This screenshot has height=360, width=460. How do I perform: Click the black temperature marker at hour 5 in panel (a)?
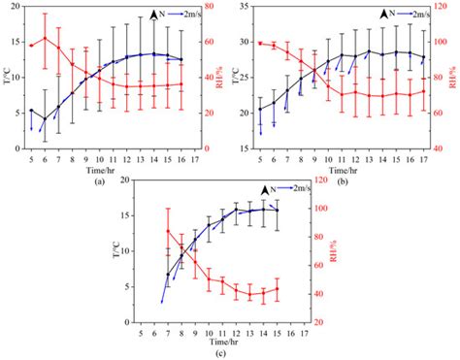coord(31,111)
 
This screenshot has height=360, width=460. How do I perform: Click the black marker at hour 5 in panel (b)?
coord(260,109)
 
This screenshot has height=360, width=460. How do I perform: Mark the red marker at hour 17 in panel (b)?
coord(424,91)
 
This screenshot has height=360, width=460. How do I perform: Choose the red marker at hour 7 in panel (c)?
coord(168,231)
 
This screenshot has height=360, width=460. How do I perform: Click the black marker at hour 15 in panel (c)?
coord(278,210)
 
